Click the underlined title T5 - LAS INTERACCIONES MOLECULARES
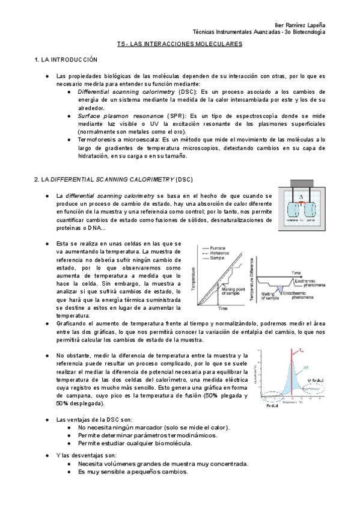click(x=179, y=44)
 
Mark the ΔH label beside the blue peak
click(x=305, y=366)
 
